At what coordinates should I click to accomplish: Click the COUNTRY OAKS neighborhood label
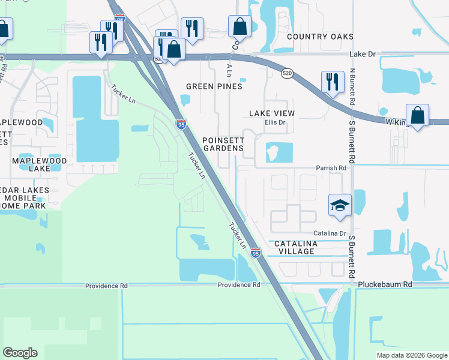click(320, 37)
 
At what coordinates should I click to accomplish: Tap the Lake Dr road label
click(363, 54)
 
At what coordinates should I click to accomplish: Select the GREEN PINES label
click(214, 86)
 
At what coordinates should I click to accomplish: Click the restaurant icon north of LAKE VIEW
click(332, 81)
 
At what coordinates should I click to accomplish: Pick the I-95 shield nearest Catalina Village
click(256, 253)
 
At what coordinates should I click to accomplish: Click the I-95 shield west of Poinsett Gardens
click(181, 124)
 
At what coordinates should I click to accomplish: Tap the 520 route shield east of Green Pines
click(286, 73)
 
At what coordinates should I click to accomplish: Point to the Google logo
click(20, 353)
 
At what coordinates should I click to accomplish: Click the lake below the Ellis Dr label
click(278, 152)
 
